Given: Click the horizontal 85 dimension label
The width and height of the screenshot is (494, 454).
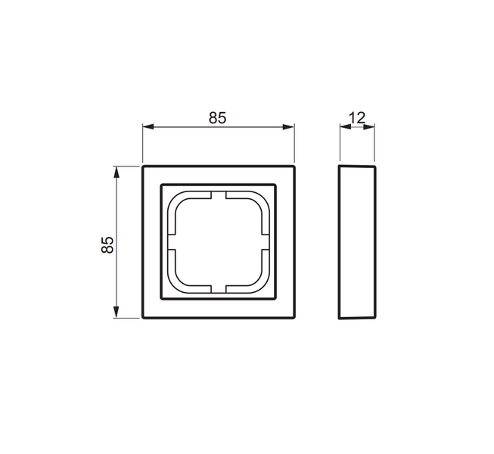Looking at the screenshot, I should [218, 117].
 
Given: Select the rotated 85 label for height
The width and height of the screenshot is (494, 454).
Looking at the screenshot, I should [107, 243].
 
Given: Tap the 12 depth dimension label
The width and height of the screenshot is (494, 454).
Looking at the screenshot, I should [357, 117].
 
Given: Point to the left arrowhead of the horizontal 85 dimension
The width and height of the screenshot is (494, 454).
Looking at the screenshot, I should [148, 126].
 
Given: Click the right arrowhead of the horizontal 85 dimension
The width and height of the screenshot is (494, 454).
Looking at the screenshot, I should [290, 126].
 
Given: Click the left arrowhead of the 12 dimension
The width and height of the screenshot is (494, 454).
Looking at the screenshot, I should [343, 126].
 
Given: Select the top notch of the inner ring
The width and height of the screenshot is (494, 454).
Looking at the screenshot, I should [219, 194].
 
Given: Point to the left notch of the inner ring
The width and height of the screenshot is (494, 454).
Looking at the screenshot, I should [170, 242].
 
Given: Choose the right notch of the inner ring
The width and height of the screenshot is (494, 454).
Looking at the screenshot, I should [266, 242].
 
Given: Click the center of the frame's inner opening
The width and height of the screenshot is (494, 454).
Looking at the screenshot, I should [219, 242].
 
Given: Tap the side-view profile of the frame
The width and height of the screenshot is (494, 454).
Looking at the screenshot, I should [357, 242].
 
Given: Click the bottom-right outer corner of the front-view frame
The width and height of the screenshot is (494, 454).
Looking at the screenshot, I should [294, 318].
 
